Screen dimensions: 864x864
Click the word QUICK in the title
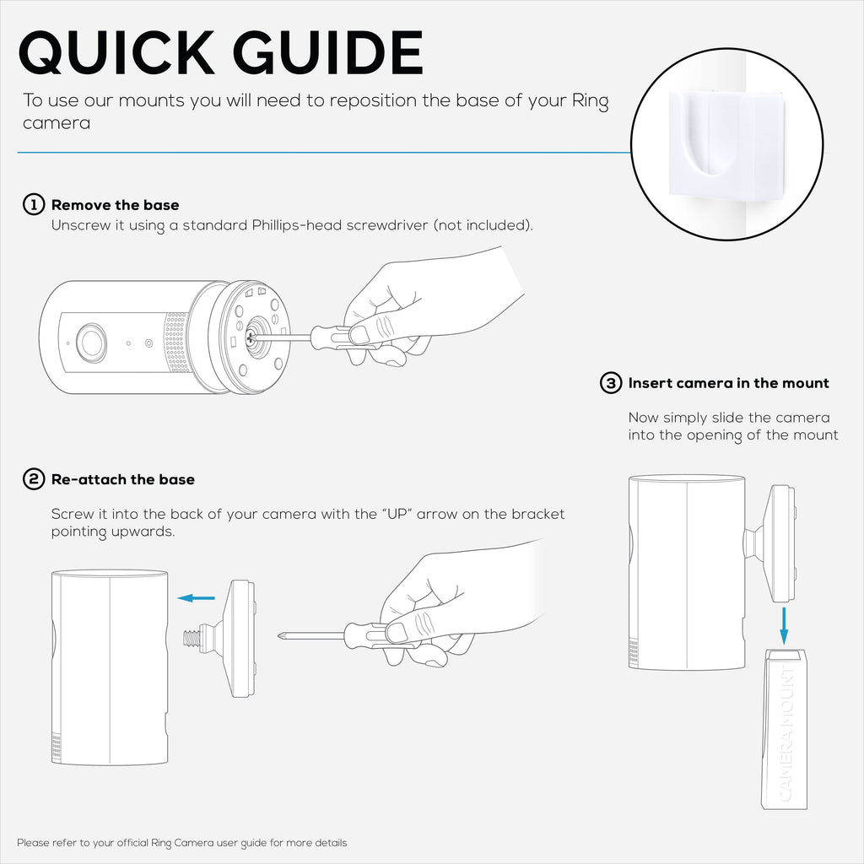click(116, 52)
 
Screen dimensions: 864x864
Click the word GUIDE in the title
click(328, 52)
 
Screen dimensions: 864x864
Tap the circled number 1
click(34, 204)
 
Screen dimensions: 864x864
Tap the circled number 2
click(34, 479)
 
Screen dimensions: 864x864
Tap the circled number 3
click(611, 383)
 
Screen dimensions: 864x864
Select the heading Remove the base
click(115, 205)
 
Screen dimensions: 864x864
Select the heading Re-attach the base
click(123, 479)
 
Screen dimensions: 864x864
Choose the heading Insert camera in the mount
click(728, 383)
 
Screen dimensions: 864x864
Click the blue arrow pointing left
click(196, 598)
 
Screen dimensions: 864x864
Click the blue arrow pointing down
click(784, 626)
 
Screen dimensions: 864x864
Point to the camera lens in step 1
click(91, 343)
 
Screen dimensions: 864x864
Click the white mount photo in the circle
click(726, 144)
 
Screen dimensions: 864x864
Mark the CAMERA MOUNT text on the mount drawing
click(787, 734)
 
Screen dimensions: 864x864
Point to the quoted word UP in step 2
click(397, 514)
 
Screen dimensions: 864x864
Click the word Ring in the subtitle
click(590, 101)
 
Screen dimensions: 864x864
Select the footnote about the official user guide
click(182, 843)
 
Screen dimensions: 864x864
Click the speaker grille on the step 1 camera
click(177, 342)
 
